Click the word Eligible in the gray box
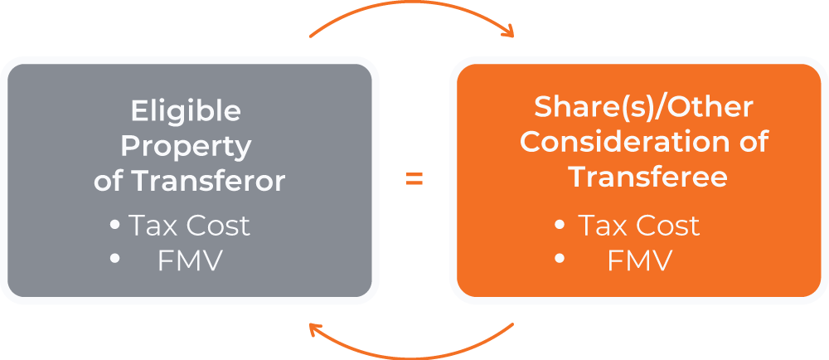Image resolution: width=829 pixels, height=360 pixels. [186, 111]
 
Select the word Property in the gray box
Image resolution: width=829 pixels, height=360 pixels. [186, 147]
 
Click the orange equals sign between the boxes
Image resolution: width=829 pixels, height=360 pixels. [414, 179]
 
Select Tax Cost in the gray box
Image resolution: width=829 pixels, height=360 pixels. [189, 226]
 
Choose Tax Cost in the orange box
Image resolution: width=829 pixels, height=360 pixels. [638, 226]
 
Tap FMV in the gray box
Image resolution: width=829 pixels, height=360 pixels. [190, 261]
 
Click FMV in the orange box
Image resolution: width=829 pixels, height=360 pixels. [639, 261]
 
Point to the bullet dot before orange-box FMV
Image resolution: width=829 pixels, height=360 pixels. [560, 260]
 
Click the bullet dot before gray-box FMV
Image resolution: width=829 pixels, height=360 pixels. [115, 260]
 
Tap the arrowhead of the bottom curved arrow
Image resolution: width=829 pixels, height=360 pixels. [316, 328]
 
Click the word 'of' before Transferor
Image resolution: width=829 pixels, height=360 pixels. [108, 181]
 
